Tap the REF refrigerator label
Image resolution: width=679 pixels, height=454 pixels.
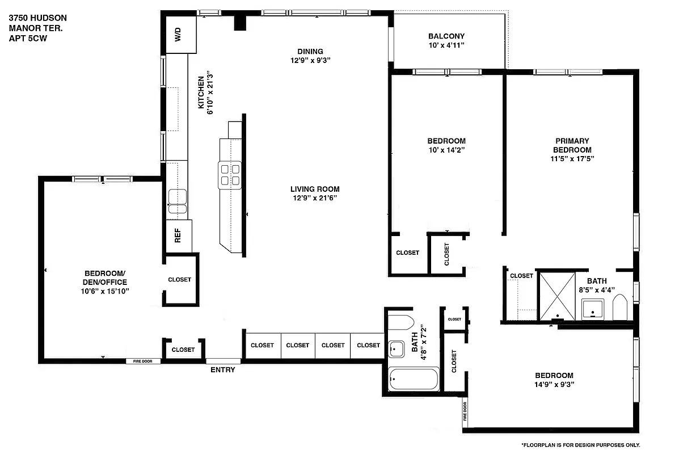tap(178, 236)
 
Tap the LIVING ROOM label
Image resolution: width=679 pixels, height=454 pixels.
tap(315, 189)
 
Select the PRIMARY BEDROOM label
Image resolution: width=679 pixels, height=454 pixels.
tap(572, 145)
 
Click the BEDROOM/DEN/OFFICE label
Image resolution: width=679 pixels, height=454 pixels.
tap(104, 278)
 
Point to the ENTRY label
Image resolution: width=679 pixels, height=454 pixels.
tap(222, 370)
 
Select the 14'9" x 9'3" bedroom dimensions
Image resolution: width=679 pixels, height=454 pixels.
tap(554, 384)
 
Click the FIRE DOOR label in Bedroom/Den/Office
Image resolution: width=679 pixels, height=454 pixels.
tap(142, 361)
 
